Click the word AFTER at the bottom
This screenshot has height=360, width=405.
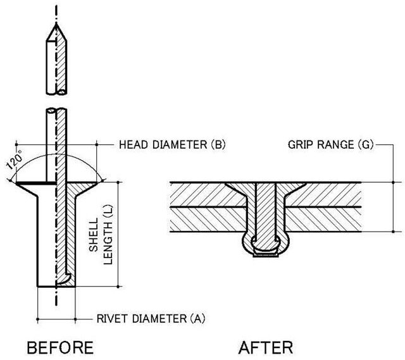click(x=266, y=347)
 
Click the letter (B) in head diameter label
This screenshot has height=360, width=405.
click(x=217, y=145)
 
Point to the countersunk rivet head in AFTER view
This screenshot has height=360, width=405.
click(x=265, y=190)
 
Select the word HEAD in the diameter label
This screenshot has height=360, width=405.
click(x=132, y=145)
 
